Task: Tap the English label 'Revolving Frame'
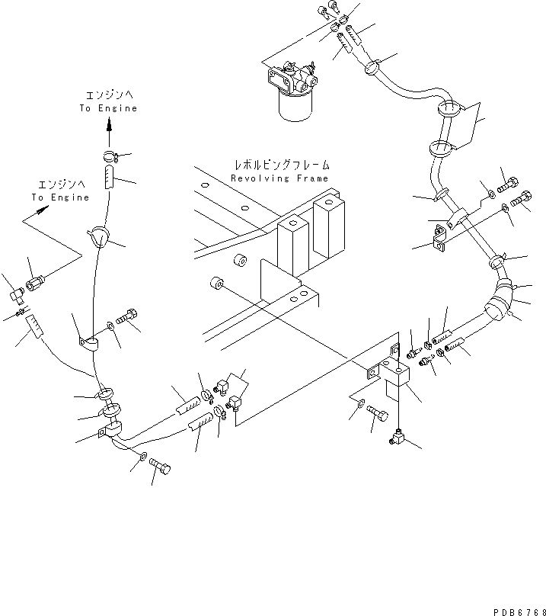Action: click(279, 178)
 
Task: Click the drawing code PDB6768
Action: click(519, 611)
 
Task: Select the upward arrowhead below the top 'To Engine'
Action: click(110, 125)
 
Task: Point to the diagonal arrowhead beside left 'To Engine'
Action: click(43, 210)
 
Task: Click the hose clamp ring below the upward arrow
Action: click(110, 156)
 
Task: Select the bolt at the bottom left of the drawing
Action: click(160, 466)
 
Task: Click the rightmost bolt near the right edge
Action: click(522, 199)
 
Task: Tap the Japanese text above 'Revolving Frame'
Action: click(282, 165)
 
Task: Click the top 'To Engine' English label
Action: click(108, 108)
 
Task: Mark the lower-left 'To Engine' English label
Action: click(60, 197)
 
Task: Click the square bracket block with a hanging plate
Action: click(394, 378)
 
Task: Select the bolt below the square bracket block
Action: click(378, 413)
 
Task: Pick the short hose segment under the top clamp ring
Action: click(109, 177)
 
